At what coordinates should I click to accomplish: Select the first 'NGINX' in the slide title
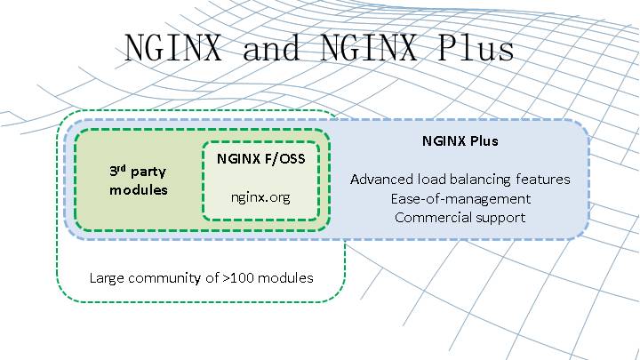coord(175,48)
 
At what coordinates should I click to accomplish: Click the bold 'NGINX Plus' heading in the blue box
coord(460,141)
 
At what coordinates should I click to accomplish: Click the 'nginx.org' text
coord(261,196)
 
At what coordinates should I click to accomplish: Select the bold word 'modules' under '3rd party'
coord(139,190)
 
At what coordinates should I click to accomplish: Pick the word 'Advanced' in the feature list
coord(380,180)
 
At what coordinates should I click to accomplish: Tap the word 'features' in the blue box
coord(545,180)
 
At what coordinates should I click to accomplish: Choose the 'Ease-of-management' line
coord(460,198)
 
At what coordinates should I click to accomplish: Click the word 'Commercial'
coord(432,217)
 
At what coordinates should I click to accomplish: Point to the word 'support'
coord(500,217)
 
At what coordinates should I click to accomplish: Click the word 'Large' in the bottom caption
coord(107,278)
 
